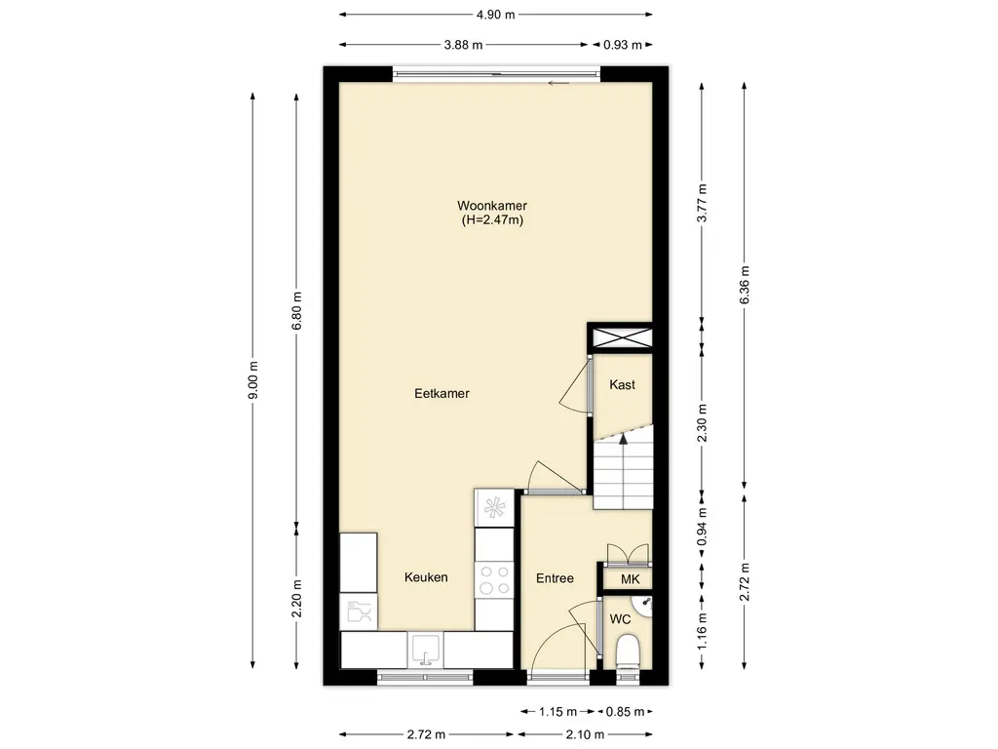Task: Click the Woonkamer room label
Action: [x=492, y=206]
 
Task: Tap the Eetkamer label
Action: [x=441, y=394]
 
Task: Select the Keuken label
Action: [x=426, y=577]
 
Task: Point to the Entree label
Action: [x=555, y=578]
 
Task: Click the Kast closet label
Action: [x=622, y=384]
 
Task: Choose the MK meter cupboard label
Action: [x=631, y=579]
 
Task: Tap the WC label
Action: [x=620, y=619]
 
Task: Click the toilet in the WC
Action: [x=629, y=650]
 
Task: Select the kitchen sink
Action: [x=425, y=650]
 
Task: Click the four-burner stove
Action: [x=494, y=579]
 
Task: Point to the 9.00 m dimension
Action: [x=253, y=380]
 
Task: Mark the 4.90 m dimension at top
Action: [x=496, y=14]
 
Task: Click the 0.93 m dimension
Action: [x=623, y=45]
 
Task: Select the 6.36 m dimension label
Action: [x=745, y=285]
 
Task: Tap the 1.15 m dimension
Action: [x=557, y=711]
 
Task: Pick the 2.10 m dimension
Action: [x=585, y=734]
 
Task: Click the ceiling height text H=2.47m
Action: [x=492, y=220]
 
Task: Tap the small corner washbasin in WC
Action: [x=643, y=606]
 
